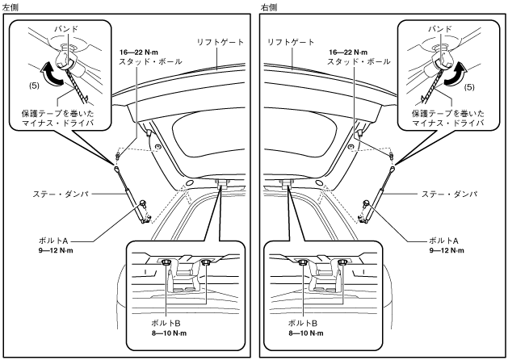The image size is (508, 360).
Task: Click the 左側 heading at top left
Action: (11, 6)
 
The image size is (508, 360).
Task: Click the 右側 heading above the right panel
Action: (268, 6)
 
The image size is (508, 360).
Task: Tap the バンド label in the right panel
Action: (440, 28)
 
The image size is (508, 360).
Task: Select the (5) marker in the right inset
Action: (468, 84)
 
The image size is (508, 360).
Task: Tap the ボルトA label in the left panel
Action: (53, 241)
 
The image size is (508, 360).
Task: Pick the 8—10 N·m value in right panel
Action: (306, 333)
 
